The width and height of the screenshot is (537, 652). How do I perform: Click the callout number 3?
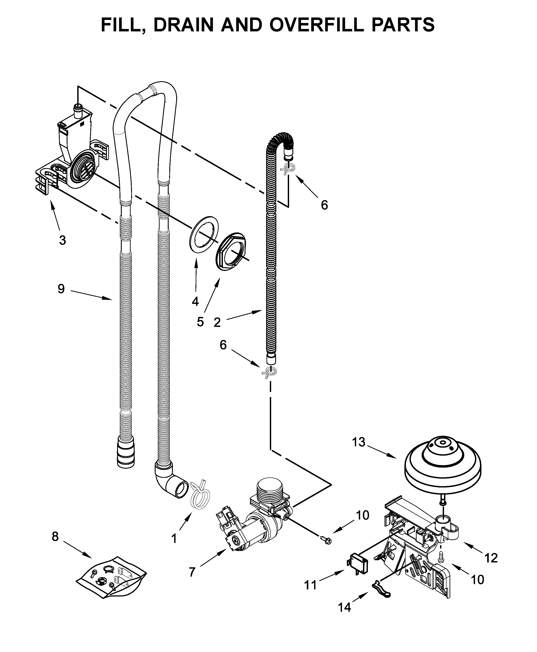(x=62, y=240)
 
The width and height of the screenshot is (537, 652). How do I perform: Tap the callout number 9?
(x=61, y=289)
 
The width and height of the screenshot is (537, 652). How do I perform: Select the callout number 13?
(x=359, y=442)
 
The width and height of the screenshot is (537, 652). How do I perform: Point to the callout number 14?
(x=344, y=607)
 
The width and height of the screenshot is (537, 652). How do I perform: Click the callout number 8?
(x=55, y=536)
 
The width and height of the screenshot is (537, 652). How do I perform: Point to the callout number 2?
(x=217, y=322)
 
